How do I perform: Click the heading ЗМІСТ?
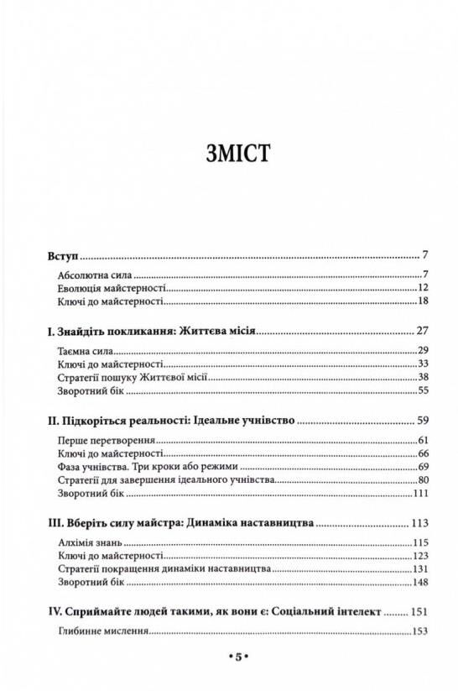(228, 155)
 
